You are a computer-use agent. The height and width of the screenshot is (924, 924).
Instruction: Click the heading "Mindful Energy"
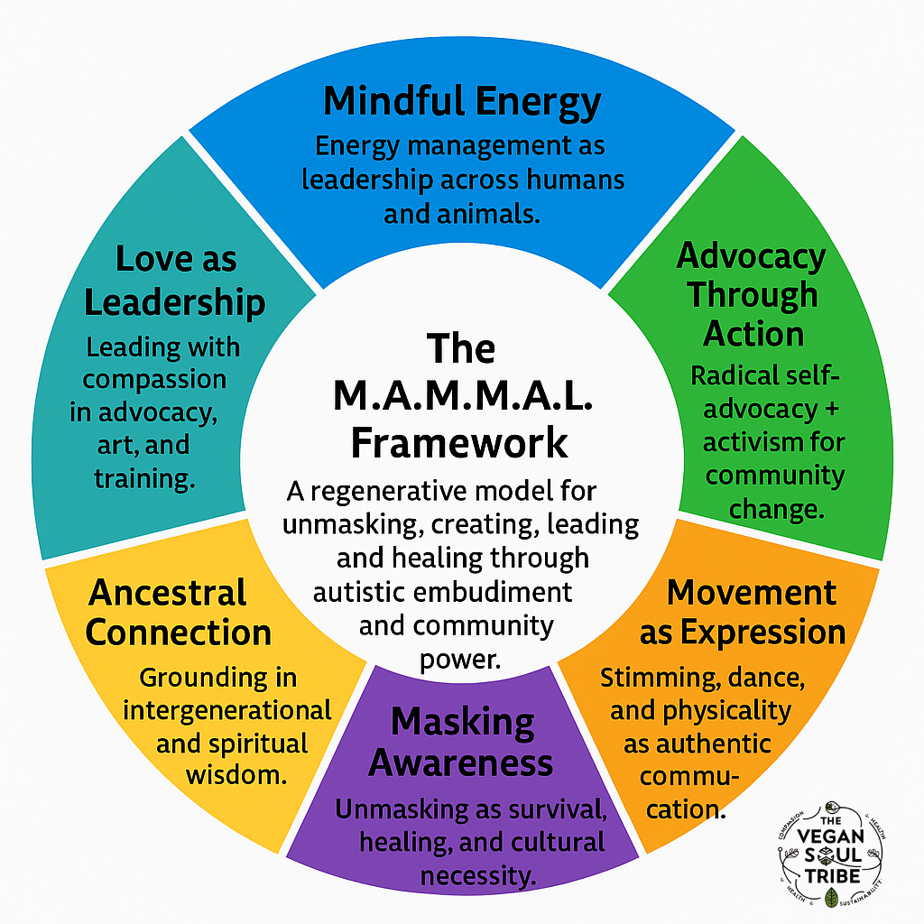click(461, 102)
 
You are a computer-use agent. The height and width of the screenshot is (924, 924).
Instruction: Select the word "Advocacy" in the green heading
click(751, 256)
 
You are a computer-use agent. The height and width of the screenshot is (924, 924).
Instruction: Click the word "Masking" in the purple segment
click(463, 722)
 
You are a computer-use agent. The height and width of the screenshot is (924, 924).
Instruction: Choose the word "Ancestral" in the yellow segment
click(168, 593)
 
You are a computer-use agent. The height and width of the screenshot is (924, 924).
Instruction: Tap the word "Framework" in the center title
click(459, 443)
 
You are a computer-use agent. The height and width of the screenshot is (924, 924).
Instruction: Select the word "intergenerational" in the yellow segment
click(226, 710)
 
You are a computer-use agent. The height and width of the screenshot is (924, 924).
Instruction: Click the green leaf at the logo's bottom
click(831, 897)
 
